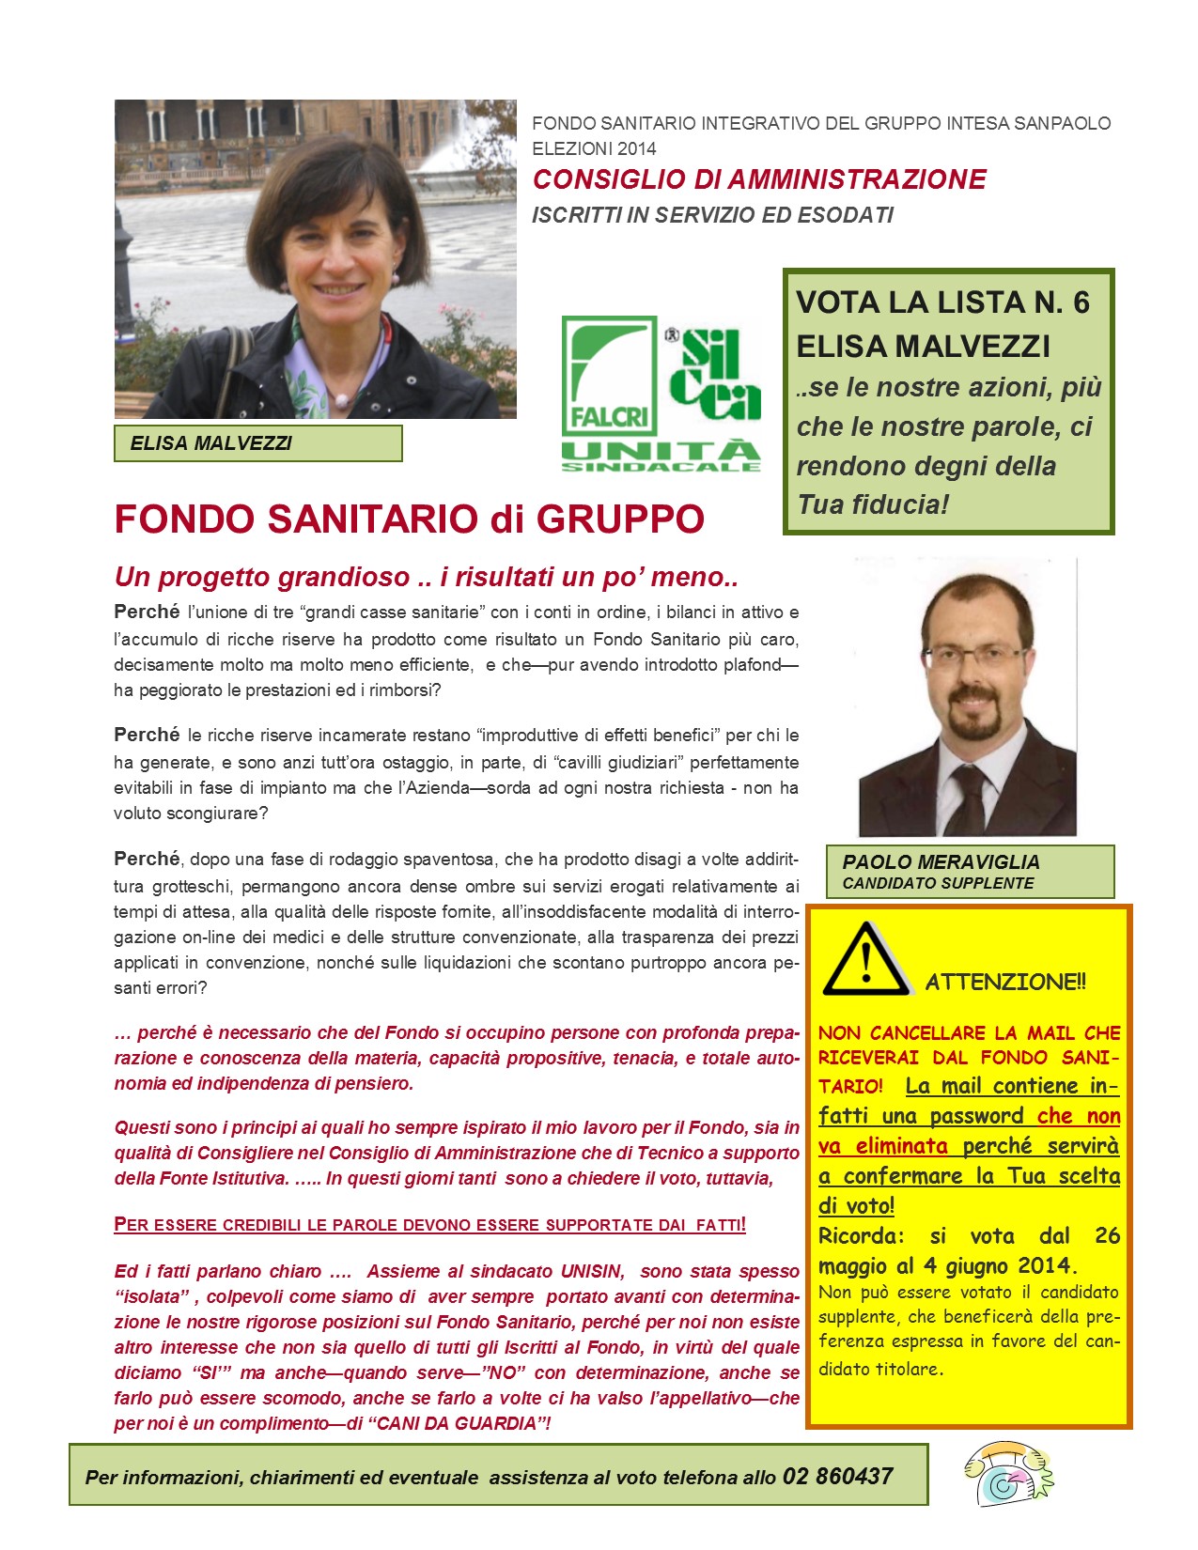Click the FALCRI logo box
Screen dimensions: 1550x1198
(609, 375)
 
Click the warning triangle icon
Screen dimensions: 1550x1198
(865, 960)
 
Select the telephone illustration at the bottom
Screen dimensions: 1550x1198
(1007, 1474)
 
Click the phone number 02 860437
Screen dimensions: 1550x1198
(837, 1476)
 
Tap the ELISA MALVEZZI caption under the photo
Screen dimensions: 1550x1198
(211, 443)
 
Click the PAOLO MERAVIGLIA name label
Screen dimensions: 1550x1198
(941, 861)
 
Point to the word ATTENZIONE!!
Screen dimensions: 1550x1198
(1005, 983)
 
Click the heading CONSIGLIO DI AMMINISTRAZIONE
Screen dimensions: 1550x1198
(759, 179)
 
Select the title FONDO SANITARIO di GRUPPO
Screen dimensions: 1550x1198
(409, 519)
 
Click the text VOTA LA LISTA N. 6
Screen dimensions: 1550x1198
(942, 302)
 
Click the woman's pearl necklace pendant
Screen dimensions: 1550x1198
(343, 400)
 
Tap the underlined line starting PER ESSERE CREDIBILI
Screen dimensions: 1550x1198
(429, 1225)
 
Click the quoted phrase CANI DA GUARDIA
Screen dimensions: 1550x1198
(458, 1423)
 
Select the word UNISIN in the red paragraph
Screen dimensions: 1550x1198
(592, 1271)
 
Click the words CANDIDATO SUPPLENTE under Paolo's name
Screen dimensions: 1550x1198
(938, 883)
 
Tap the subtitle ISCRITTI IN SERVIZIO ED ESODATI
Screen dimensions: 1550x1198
(712, 215)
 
